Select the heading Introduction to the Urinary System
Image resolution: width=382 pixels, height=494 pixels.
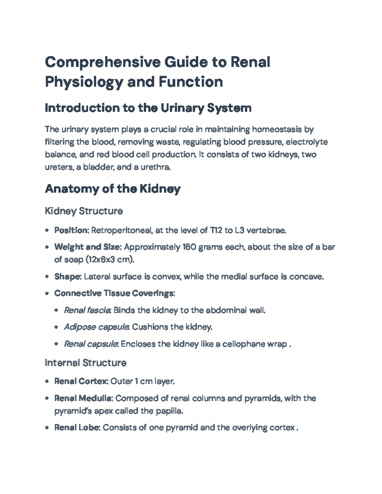coord(148,108)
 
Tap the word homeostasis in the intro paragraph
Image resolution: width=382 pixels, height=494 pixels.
coord(276,129)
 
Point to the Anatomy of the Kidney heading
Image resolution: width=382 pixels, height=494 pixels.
coord(113,189)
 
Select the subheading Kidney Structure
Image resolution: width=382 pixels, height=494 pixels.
coord(84,211)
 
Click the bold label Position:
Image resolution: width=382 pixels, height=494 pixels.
coord(72,230)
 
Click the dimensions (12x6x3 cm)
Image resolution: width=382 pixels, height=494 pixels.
coord(110,260)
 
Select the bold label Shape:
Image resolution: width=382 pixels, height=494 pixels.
coord(68,277)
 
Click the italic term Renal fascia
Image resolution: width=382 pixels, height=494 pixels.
coord(87,310)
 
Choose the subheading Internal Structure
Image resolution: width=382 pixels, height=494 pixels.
coord(85,363)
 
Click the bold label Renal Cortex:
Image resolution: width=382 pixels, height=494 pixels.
coord(81,381)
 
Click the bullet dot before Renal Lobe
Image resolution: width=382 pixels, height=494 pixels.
coord(47,428)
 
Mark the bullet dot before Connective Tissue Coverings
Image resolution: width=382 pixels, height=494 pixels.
coord(47,294)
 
